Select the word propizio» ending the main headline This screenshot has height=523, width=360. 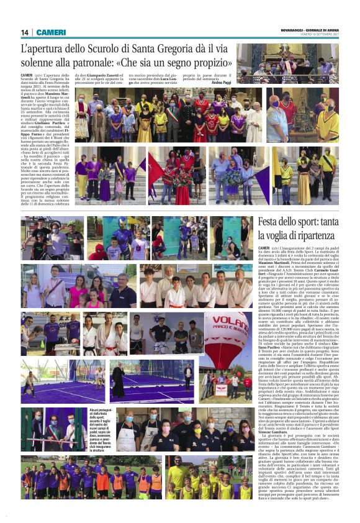coord(208,63)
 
